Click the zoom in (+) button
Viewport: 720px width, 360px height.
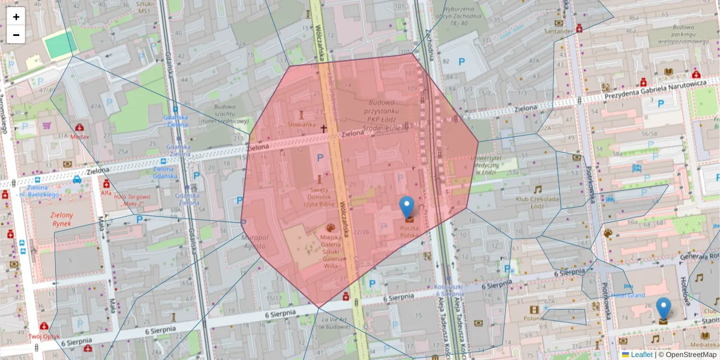pyautogui.click(x=16, y=16)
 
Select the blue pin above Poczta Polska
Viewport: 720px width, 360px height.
pyautogui.click(x=407, y=207)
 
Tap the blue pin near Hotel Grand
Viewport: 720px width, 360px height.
pyautogui.click(x=663, y=308)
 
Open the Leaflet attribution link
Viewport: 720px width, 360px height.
pyautogui.click(x=641, y=355)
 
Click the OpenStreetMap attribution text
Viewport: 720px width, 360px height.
pyautogui.click(x=691, y=355)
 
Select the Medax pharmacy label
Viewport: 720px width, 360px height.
pyautogui.click(x=79, y=136)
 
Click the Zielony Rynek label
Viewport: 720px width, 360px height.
pyautogui.click(x=61, y=220)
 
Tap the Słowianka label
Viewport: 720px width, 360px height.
pyautogui.click(x=301, y=124)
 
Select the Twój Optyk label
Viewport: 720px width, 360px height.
pyautogui.click(x=43, y=336)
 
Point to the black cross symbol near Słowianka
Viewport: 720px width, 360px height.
pyautogui.click(x=323, y=128)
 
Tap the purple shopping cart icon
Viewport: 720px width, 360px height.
pyautogui.click(x=46, y=126)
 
